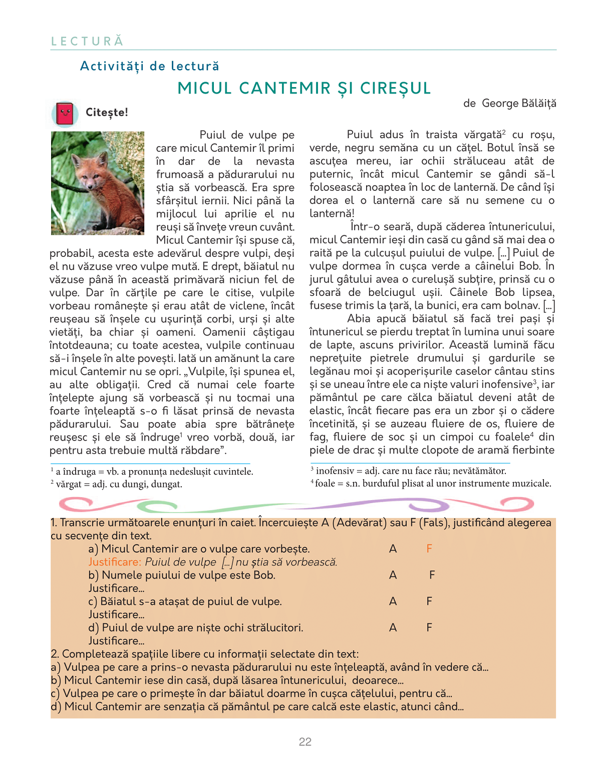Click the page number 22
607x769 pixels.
pos(305,741)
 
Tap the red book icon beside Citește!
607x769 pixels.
pos(65,113)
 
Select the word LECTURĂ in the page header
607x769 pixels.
pos(87,41)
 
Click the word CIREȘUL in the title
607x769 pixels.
pos(396,88)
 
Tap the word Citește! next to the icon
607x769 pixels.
pos(107,112)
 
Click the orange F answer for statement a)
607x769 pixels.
pos(429,549)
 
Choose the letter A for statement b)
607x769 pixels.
pos(393,575)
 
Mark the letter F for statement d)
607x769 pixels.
pos(429,627)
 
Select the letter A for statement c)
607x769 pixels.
pos(393,601)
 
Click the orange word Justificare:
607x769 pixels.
pos(115,562)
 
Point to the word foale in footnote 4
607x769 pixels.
pos(325,484)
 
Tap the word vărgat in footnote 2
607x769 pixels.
pos(69,484)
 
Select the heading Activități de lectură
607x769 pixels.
pos(150,66)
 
